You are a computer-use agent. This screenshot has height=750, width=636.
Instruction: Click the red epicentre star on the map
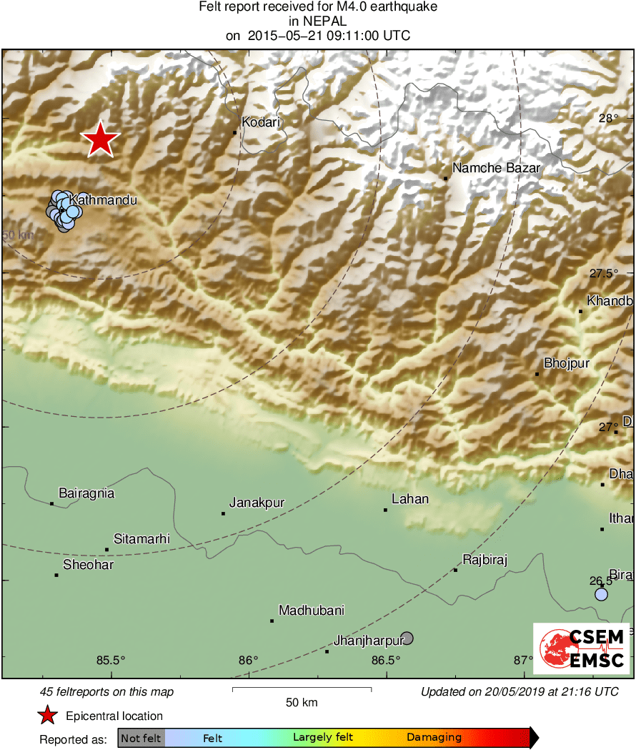pos(101,139)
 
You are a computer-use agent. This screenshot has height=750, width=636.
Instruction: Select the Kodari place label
pos(261,123)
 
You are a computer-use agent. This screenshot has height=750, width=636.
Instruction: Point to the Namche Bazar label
pos(496,169)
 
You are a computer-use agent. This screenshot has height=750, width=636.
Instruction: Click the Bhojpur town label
pos(567,364)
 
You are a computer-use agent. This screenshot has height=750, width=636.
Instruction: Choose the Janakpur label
pos(257,503)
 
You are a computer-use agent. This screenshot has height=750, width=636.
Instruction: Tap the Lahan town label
pos(410,499)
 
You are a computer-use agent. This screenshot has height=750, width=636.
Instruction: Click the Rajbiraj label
pos(485,560)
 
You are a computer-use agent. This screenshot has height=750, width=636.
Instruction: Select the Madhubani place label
pos(312,611)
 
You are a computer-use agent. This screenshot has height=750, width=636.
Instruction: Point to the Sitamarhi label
pos(142,539)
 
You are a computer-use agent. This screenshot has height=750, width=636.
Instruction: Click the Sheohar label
pos(89,565)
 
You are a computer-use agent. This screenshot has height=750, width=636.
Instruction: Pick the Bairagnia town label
pos(86,493)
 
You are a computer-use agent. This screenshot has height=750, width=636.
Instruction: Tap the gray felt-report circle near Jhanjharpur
pos(407,638)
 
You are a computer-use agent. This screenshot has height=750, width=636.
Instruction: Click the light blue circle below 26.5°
pos(601,595)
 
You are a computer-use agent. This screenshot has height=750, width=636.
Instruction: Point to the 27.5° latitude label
pos(604,274)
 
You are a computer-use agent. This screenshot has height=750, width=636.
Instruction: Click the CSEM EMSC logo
pos(581,648)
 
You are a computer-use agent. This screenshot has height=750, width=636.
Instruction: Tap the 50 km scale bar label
pos(302,703)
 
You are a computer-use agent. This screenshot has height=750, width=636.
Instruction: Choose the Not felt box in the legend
pos(141,738)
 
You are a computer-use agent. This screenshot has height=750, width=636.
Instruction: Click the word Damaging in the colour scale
pos(434,738)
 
